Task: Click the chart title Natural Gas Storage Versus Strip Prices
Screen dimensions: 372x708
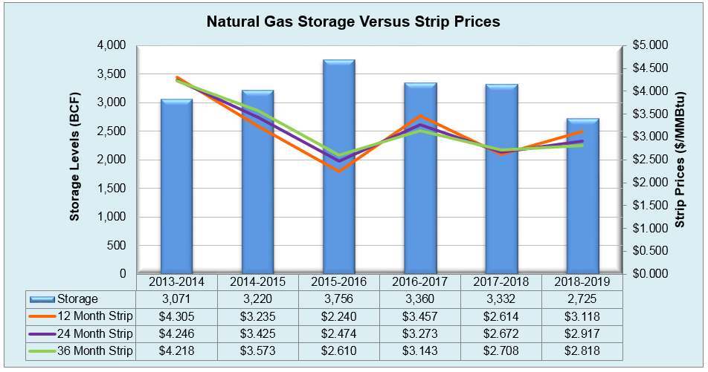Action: click(x=353, y=22)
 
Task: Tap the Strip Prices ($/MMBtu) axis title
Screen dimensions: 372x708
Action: click(x=680, y=159)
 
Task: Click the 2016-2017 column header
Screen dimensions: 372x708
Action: click(x=419, y=282)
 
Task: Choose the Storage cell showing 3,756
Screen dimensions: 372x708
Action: click(x=338, y=299)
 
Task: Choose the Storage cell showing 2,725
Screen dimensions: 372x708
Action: click(x=582, y=299)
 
